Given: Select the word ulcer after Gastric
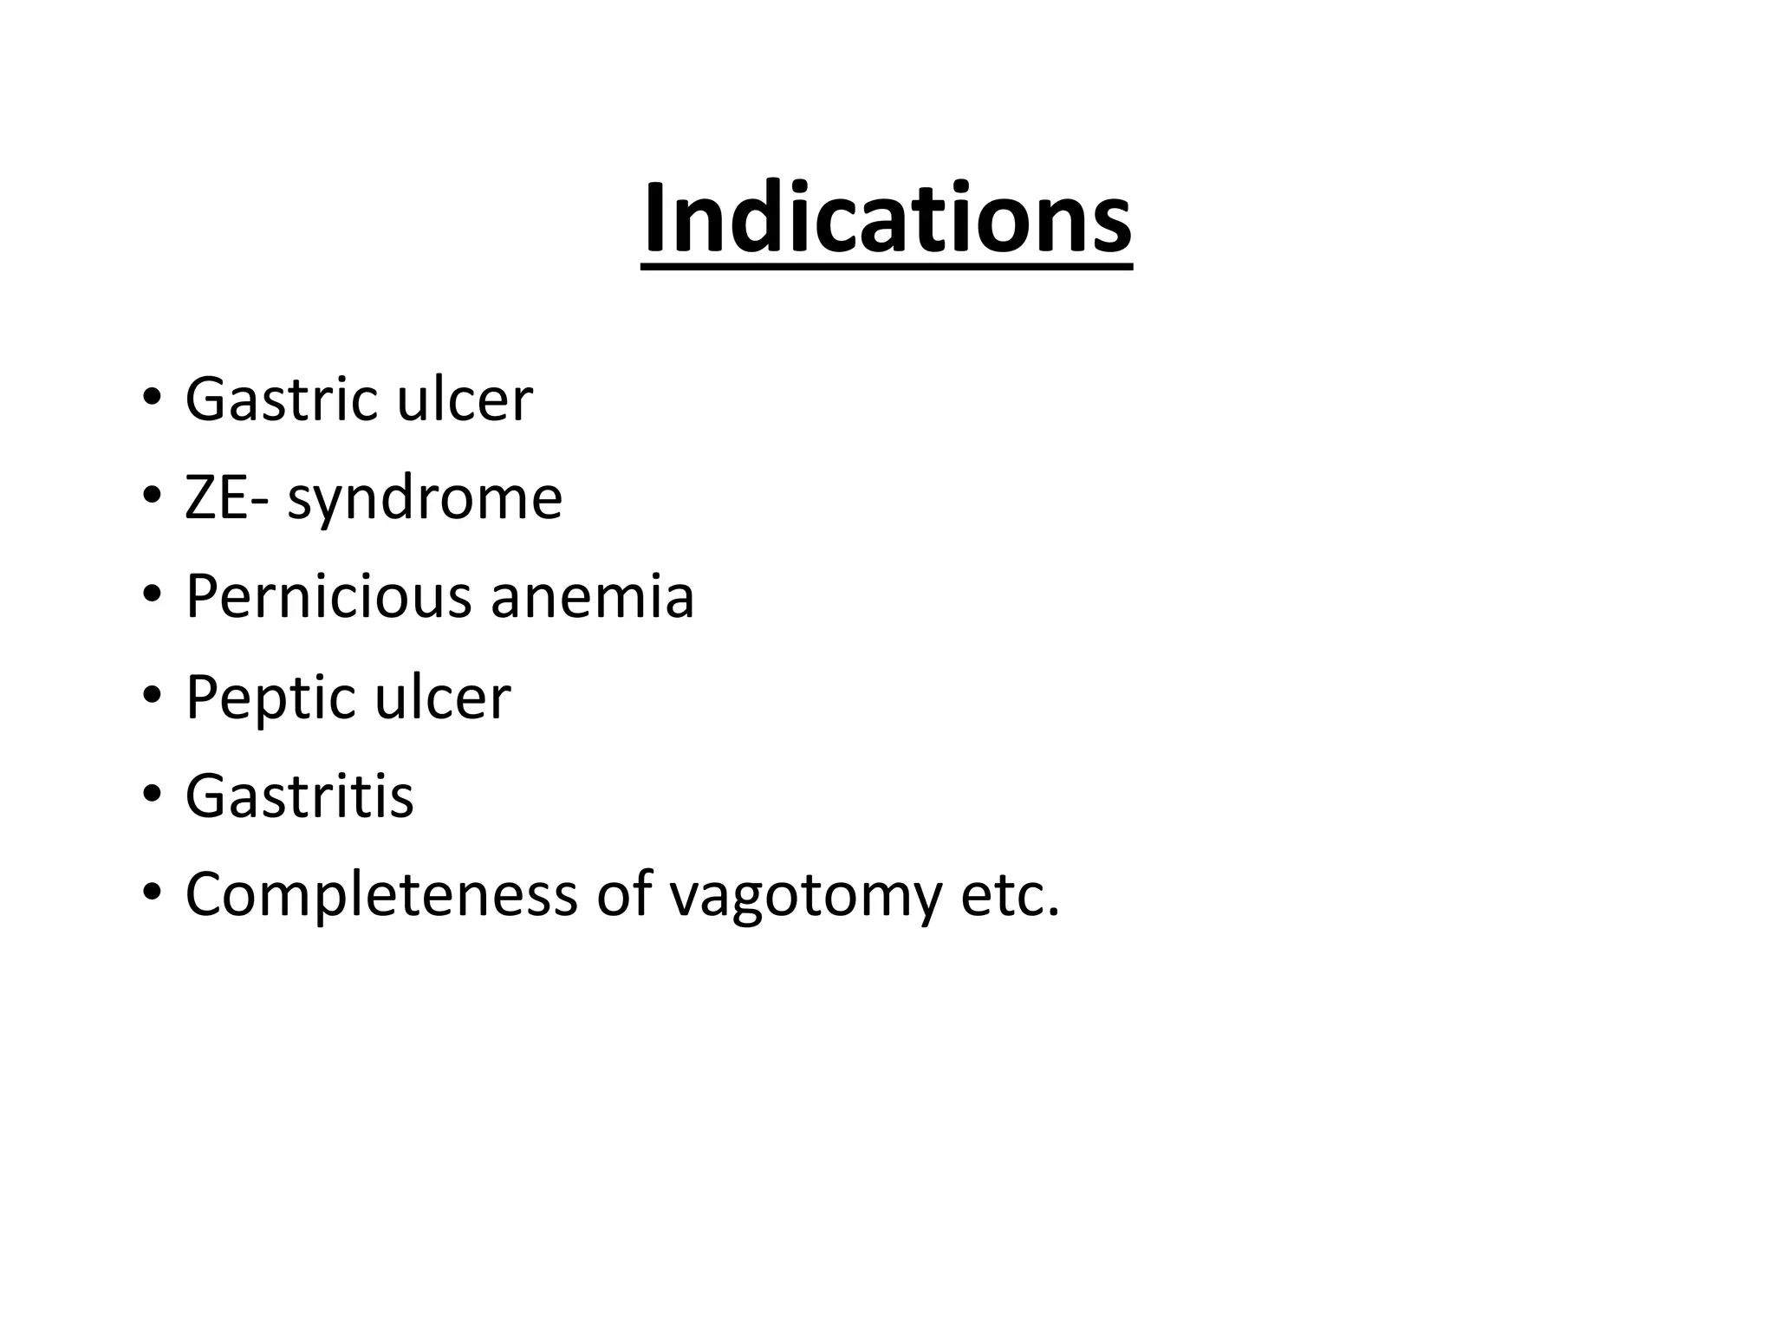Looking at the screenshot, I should coord(464,399).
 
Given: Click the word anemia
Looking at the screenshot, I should coord(592,597).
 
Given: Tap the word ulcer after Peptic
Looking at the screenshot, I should coord(443,697).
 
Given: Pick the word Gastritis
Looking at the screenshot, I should coord(299,795).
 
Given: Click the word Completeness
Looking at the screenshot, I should coord(380,896).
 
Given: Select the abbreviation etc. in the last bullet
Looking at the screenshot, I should coord(1010,896).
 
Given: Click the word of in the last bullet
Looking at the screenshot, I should coord(622,894).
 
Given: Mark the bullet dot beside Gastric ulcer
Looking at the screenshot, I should coord(152,399).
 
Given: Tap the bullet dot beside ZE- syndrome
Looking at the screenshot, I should coord(152,498).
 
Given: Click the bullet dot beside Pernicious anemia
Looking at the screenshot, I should coord(152,597).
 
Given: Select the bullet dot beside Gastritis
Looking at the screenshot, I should coord(152,795).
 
